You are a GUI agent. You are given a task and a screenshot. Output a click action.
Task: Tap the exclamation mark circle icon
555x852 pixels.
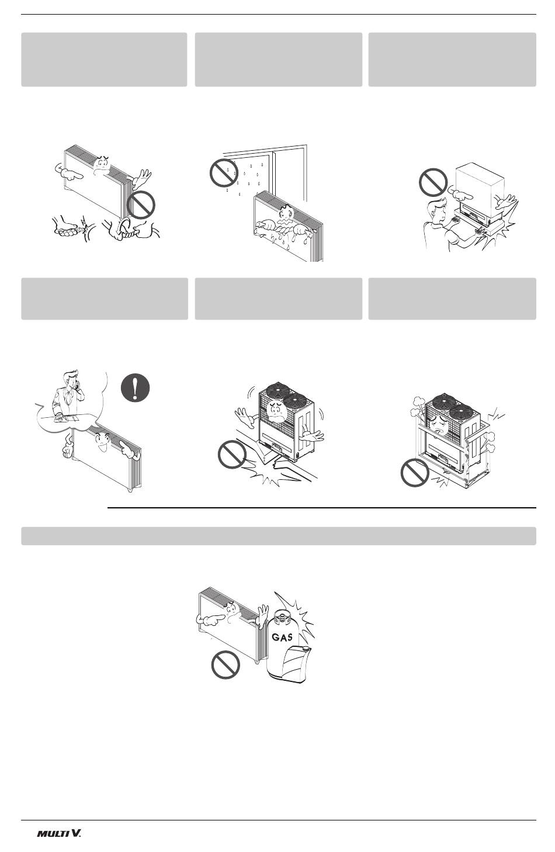pos(136,388)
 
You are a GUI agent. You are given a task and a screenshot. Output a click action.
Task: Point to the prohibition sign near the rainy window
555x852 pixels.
pos(224,173)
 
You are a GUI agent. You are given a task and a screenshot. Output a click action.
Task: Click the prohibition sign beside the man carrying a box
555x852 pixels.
pos(433,182)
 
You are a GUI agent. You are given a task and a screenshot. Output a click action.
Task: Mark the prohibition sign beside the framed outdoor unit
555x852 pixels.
pos(415,472)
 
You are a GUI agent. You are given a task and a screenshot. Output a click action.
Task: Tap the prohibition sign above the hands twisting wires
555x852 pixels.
pos(141,205)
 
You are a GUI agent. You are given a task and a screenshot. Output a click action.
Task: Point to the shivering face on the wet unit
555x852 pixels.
pos(286,216)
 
